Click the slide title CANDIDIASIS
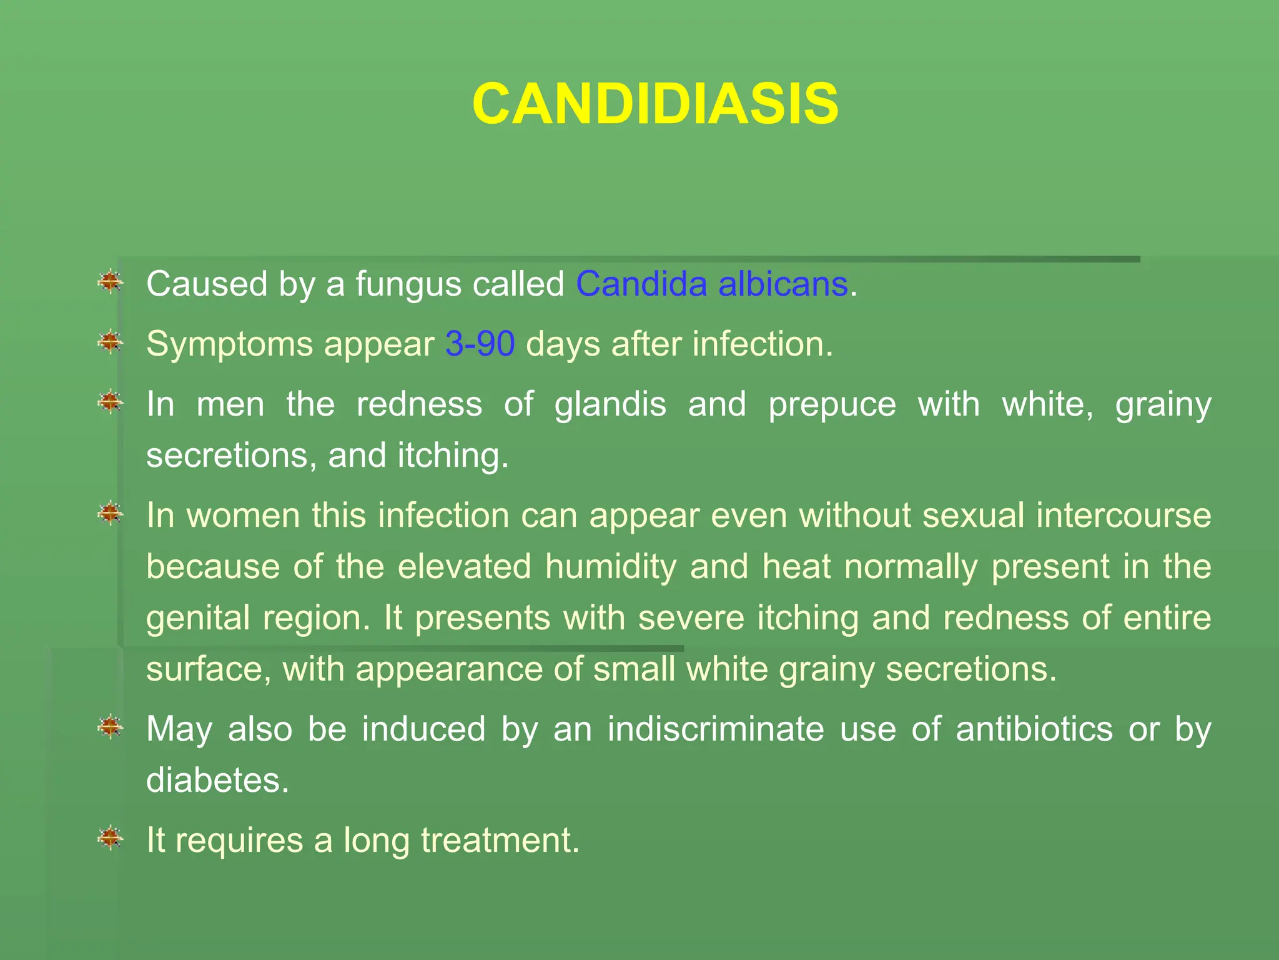[655, 104]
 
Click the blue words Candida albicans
[711, 284]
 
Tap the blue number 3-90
[480, 344]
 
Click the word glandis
[610, 405]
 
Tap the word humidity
[610, 567]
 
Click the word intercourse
[1123, 516]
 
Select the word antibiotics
[1034, 729]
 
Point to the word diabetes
[217, 781]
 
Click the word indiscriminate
[716, 729]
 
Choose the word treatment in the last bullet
[500, 840]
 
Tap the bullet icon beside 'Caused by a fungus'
[111, 282]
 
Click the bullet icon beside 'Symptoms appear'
[111, 342]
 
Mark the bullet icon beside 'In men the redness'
[111, 402]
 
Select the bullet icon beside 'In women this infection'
[111, 513]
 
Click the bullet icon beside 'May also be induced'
[111, 727]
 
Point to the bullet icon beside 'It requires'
[111, 837]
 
